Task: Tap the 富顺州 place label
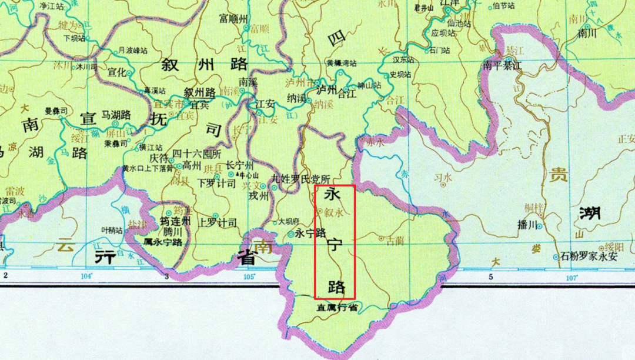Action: [x=235, y=17]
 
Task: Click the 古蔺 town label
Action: [x=395, y=240]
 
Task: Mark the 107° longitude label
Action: [x=571, y=276]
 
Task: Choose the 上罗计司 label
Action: [x=218, y=222]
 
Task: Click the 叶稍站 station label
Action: [x=112, y=231]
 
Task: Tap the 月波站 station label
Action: [x=131, y=51]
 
